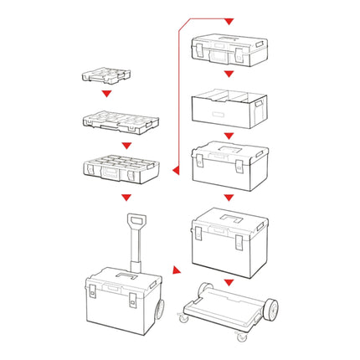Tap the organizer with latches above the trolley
121,167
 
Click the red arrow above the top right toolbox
229,19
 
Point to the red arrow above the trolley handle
126,198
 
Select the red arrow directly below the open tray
229,135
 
